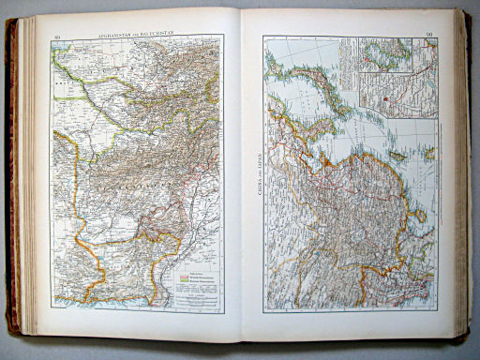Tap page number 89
pyautogui.click(x=57, y=37)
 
